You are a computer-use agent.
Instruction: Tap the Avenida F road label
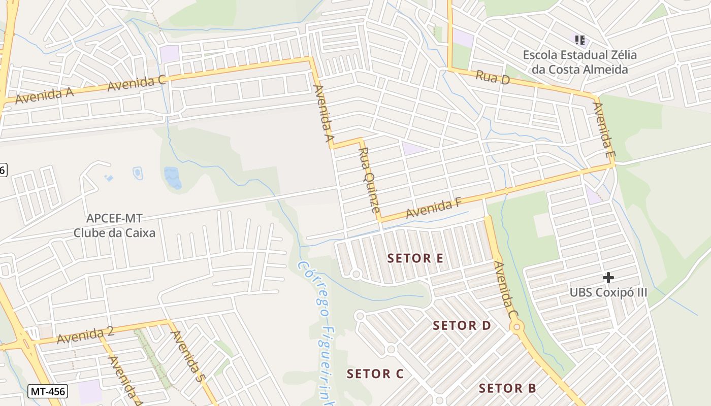pyautogui.click(x=433, y=208)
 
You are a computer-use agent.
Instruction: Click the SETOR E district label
pyautogui.click(x=415, y=258)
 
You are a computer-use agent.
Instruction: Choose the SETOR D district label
pyautogui.click(x=462, y=326)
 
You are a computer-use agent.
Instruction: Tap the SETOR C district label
pyautogui.click(x=375, y=374)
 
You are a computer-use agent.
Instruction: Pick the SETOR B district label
pyautogui.click(x=507, y=389)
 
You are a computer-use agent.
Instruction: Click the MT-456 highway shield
pyautogui.click(x=47, y=391)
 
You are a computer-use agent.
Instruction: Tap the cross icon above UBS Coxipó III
pyautogui.click(x=608, y=278)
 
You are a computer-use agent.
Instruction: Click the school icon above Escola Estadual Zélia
pyautogui.click(x=579, y=40)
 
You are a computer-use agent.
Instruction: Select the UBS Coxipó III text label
pyautogui.click(x=608, y=293)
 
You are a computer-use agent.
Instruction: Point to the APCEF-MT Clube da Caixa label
pyautogui.click(x=114, y=226)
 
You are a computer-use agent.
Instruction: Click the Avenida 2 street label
pyautogui.click(x=85, y=335)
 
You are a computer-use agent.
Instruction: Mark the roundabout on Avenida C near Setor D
pyautogui.click(x=517, y=327)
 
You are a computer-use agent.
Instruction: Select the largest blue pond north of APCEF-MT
pyautogui.click(x=173, y=178)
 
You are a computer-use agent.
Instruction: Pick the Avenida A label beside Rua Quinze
pyautogui.click(x=324, y=114)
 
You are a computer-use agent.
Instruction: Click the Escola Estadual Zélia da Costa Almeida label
pyautogui.click(x=579, y=62)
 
